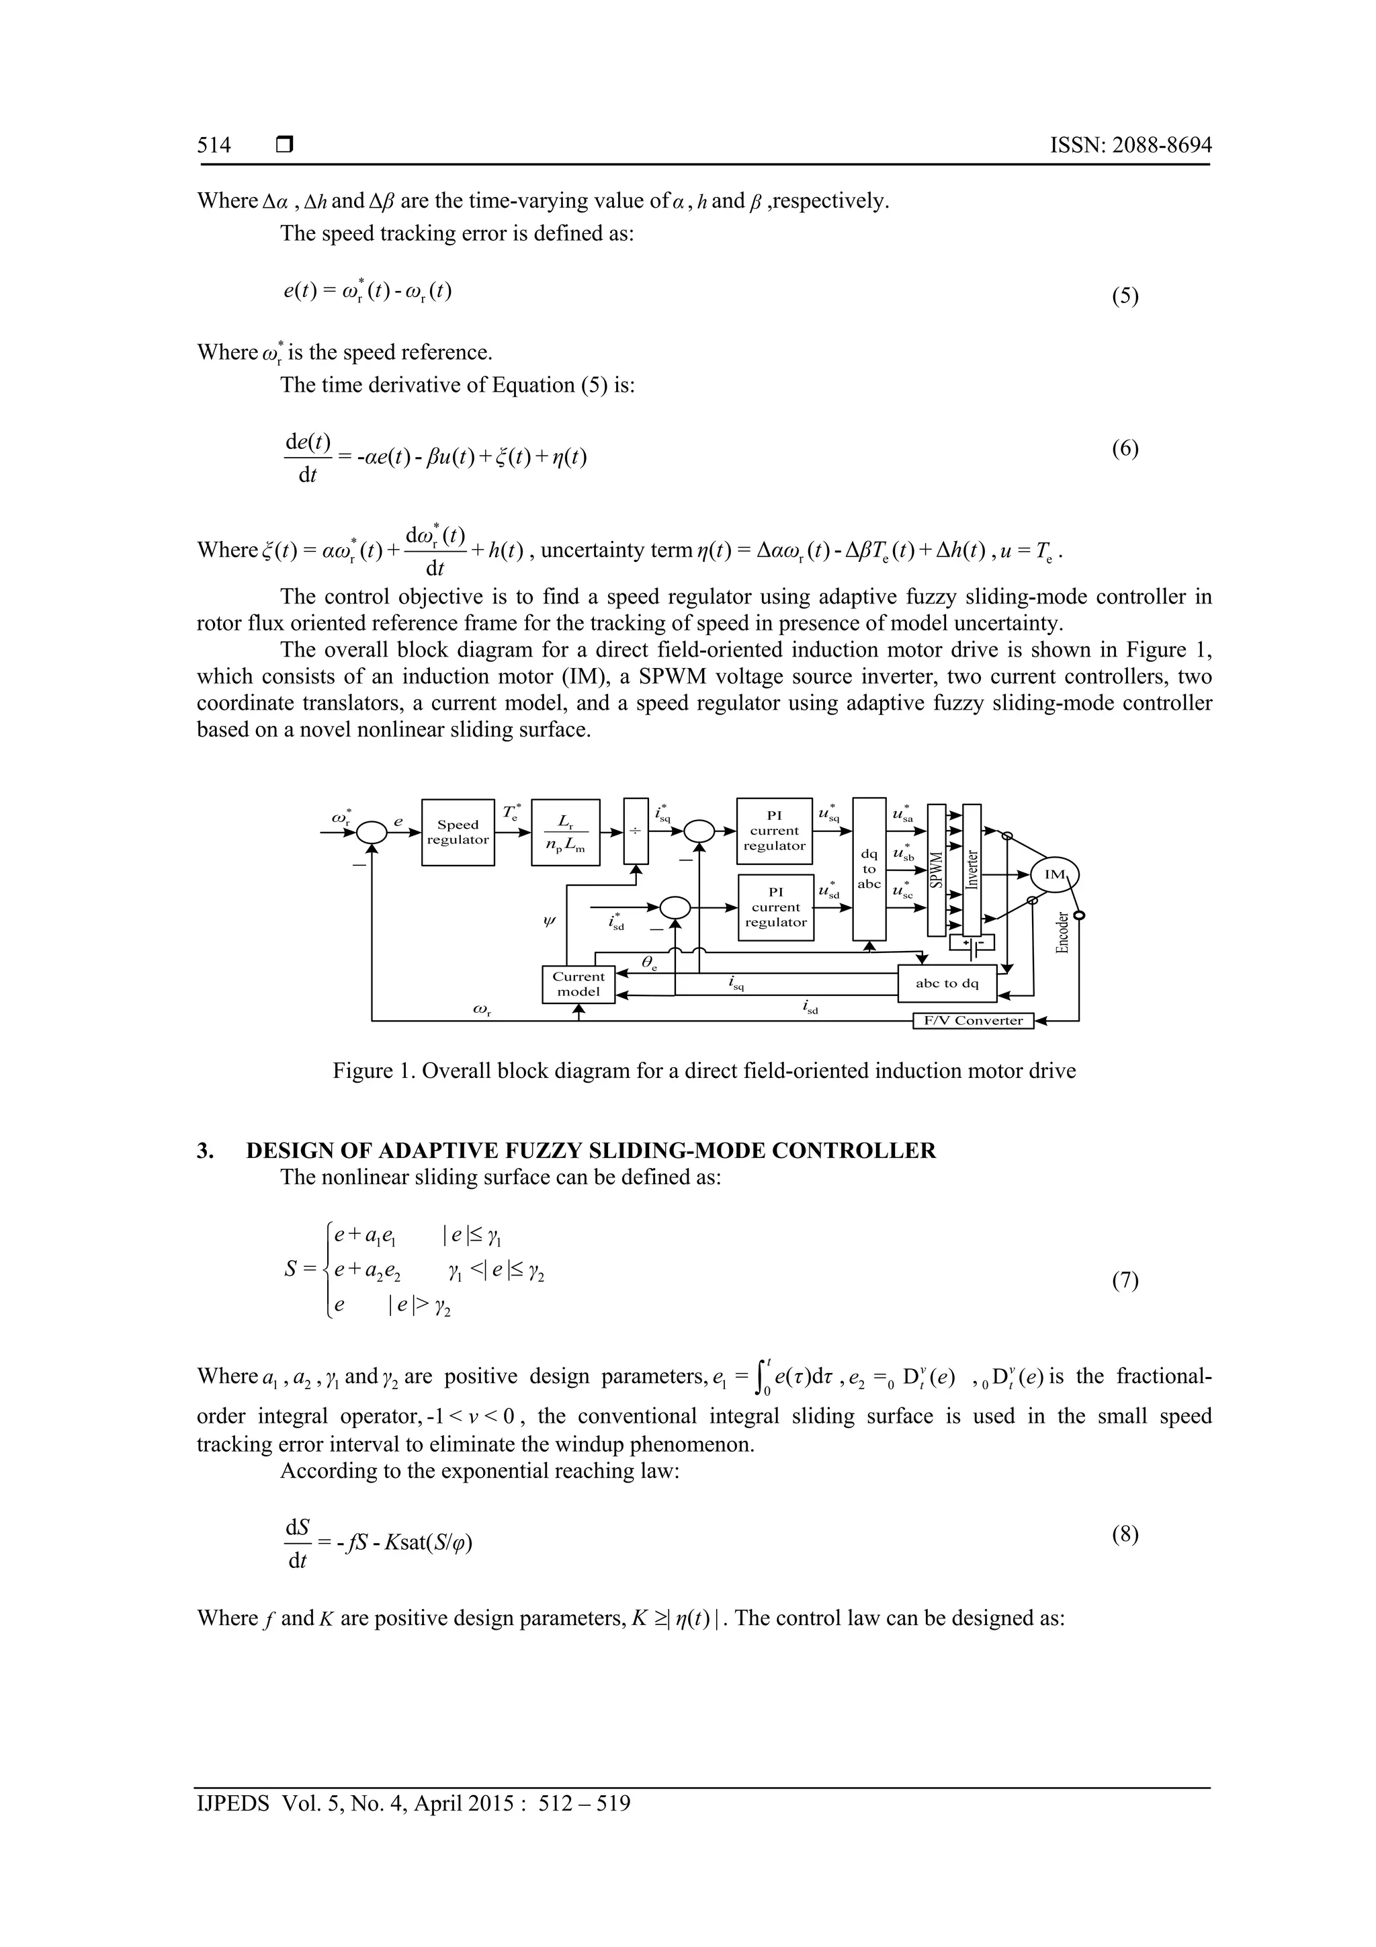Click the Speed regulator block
pos(458,832)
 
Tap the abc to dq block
pos(947,984)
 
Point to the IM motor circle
pos(1053,875)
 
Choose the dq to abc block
pos(869,868)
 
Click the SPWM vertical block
pos(937,869)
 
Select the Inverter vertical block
pos(972,869)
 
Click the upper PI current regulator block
pos(774,831)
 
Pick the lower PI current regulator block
pos(776,907)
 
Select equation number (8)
pos(1125,1534)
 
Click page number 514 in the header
pos(214,145)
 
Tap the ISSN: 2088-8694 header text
pos(1130,145)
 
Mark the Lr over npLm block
pos(566,832)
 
